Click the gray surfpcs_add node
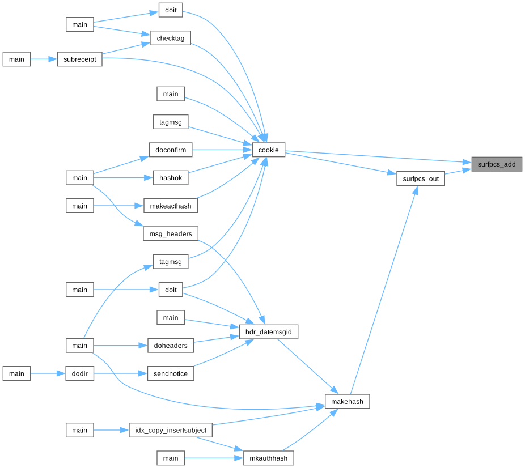[x=497, y=164]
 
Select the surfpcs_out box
[x=420, y=178]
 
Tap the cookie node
[x=268, y=150]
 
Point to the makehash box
[x=348, y=402]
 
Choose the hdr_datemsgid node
[x=268, y=331]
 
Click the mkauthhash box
[x=268, y=458]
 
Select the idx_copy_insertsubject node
[x=170, y=430]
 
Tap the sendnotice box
[x=171, y=374]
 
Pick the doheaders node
[x=171, y=346]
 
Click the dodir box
[x=79, y=373]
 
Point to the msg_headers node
[x=170, y=233]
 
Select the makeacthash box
[x=170, y=206]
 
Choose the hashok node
[x=170, y=178]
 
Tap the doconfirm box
[x=170, y=150]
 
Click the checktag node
[x=170, y=38]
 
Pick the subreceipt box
[x=80, y=59]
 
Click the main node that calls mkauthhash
[x=171, y=458]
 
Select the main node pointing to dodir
[x=16, y=373]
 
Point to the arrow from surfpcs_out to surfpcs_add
[x=458, y=171]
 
